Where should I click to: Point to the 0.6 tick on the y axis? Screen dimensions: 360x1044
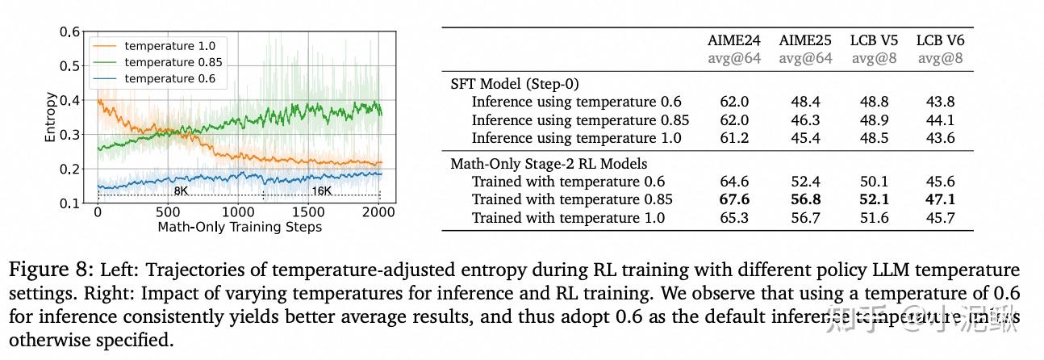click(70, 32)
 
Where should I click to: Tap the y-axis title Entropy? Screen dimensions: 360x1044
click(51, 118)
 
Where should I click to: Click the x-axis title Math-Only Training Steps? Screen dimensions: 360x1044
click(239, 227)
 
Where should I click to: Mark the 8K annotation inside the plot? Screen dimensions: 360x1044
click(181, 192)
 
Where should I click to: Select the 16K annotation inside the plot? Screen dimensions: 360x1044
click(321, 192)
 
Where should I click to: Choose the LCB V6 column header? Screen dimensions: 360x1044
click(940, 40)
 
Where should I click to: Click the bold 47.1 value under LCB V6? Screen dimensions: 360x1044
click(940, 199)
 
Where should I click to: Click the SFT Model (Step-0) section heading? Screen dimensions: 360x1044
click(515, 83)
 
